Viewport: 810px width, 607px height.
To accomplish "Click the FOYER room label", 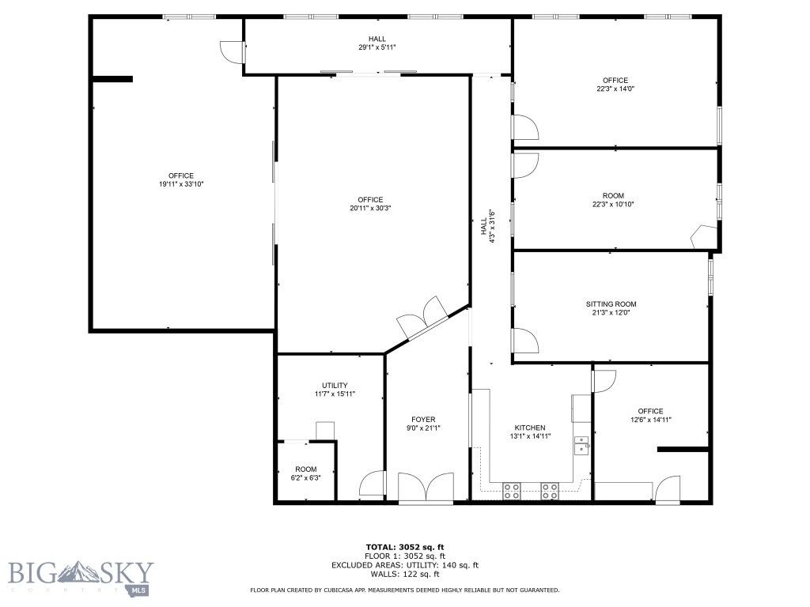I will click(x=423, y=420).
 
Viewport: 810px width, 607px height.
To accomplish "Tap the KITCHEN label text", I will click(x=528, y=428).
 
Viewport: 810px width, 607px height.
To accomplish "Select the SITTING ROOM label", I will click(x=611, y=304).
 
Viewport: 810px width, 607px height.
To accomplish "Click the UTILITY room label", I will click(x=335, y=386).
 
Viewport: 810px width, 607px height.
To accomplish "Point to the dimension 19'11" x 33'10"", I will click(x=180, y=184).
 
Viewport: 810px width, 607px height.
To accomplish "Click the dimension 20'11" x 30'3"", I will click(x=369, y=209).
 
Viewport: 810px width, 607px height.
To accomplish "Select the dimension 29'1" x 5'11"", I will click(x=377, y=47).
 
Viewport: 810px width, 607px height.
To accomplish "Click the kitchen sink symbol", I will click(x=581, y=446).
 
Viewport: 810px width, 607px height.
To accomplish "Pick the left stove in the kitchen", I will click(x=512, y=490).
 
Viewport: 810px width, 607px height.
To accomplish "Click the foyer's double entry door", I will click(x=426, y=488).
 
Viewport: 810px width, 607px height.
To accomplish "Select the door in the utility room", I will click(x=372, y=484).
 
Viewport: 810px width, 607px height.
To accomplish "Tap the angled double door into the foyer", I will click(x=423, y=318).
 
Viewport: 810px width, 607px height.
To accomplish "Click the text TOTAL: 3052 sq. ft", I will click(x=405, y=547).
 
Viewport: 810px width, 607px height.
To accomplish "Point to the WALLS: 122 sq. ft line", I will click(x=405, y=574).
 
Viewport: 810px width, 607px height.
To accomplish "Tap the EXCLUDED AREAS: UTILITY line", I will click(x=405, y=565).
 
